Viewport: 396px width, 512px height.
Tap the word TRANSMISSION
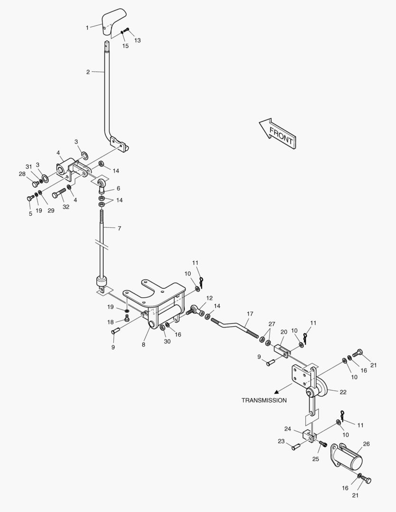pos(264,400)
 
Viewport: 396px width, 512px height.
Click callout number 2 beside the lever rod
pos(88,72)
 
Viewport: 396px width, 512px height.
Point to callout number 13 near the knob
pos(138,41)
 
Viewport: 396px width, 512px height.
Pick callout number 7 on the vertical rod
pos(119,229)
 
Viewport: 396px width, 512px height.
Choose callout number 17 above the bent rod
pos(250,314)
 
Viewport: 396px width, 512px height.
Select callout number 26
pos(366,444)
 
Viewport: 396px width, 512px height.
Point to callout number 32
pos(65,207)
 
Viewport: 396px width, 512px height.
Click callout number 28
pos(22,174)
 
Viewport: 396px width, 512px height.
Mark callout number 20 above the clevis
pos(284,332)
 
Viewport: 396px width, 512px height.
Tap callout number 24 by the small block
pos(288,429)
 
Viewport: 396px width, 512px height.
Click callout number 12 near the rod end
pos(209,298)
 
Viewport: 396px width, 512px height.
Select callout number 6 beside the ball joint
pos(118,188)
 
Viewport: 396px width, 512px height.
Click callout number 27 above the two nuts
pos(272,324)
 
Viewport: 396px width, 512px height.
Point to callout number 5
pos(31,213)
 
